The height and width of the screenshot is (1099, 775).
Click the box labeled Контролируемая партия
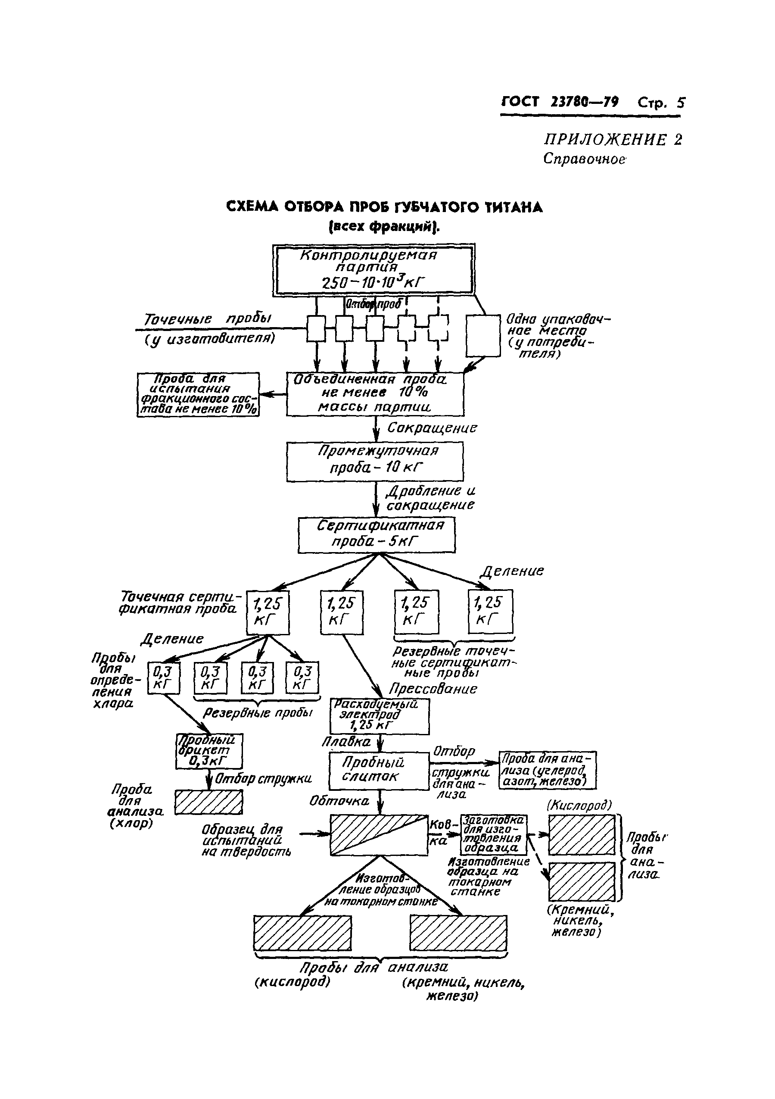click(373, 269)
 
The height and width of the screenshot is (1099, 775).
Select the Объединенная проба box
click(375, 393)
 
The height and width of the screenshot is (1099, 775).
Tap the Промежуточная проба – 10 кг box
click(375, 461)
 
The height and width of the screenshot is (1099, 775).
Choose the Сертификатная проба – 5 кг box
click(377, 535)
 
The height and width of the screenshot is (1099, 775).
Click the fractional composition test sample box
click(198, 394)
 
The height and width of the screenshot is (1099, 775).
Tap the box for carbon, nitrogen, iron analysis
click(547, 770)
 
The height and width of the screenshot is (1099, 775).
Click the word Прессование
click(433, 689)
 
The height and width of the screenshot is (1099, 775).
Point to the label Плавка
click(346, 741)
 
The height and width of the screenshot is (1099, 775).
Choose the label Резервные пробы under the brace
click(257, 713)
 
